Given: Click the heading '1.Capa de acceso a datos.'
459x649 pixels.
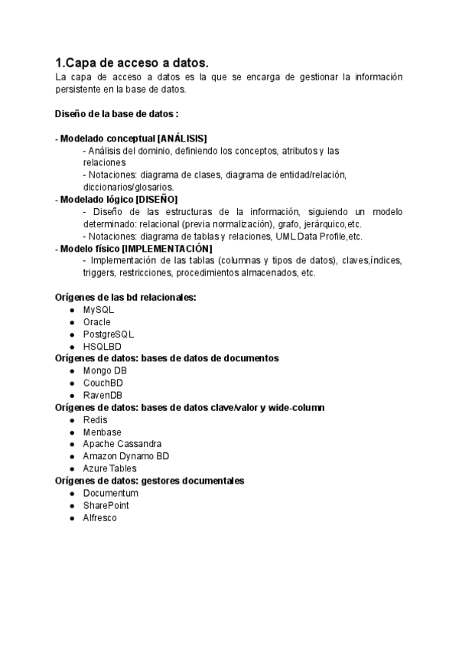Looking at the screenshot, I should point(132,62).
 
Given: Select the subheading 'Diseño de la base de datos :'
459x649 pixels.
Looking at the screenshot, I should point(117,114).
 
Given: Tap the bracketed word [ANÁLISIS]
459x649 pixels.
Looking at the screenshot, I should point(182,139).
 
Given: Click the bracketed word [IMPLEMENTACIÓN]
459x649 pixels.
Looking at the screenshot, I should point(167,249).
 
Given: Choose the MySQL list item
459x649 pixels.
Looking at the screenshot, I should point(99,310).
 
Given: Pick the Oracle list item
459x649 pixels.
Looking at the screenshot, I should point(97,322).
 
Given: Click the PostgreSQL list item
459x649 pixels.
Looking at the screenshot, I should point(109,334).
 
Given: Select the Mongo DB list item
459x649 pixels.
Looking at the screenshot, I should point(106,370).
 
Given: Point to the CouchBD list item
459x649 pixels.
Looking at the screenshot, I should point(103,383).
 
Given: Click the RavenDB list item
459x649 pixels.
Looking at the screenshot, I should point(103,395).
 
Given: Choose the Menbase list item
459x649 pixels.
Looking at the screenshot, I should point(102,432).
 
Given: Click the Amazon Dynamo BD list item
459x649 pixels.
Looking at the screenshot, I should point(126,456).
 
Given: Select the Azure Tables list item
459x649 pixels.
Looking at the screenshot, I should point(110,468).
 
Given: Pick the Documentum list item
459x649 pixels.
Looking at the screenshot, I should point(111,494).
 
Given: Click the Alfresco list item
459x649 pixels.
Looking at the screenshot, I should point(100,518).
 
